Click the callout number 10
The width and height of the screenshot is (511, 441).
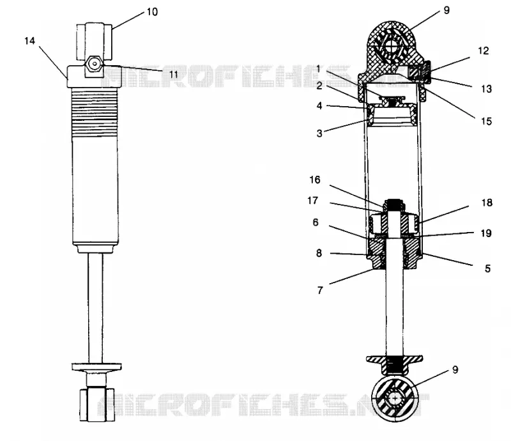(x=152, y=12)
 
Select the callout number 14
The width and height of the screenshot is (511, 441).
(x=29, y=41)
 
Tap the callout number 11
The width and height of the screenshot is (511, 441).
(x=174, y=74)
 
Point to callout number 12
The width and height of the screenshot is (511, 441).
(x=484, y=50)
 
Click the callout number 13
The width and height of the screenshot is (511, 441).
(x=486, y=89)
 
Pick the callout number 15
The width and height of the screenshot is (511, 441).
(x=486, y=121)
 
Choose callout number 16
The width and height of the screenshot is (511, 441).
(x=315, y=180)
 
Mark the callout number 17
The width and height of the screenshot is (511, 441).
(x=313, y=201)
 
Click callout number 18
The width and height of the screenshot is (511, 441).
(x=487, y=203)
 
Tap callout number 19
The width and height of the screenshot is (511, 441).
(x=486, y=233)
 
